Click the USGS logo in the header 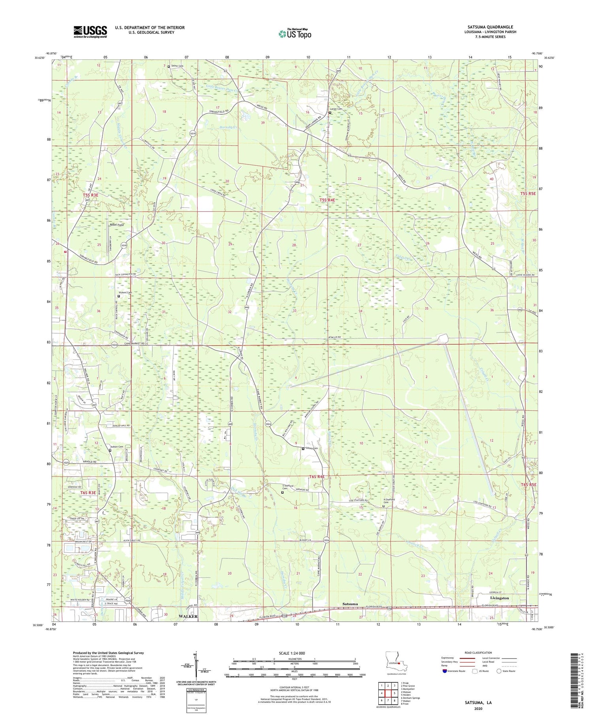tap(90, 32)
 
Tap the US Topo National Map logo tap(295, 34)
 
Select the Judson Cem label tap(117, 447)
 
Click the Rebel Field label tap(117, 225)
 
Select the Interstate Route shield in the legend tap(444, 671)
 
